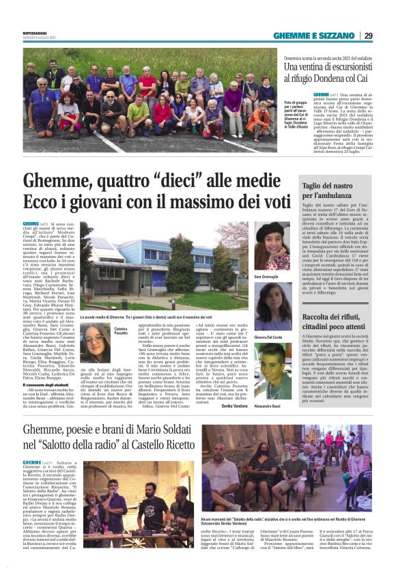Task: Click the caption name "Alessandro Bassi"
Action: point(268,387)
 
